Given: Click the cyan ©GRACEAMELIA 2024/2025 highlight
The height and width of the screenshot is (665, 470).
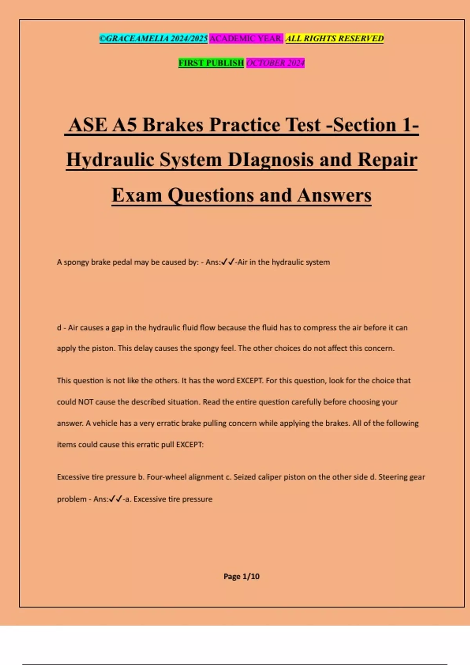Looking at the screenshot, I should (153, 38).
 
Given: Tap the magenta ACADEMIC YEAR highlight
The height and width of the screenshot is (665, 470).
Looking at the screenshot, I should (246, 38).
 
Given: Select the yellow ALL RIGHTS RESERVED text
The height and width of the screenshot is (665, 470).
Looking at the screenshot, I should (334, 38).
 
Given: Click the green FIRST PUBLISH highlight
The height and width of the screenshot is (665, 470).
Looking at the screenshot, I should (211, 63).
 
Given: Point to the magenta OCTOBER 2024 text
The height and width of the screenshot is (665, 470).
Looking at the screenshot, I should (275, 63).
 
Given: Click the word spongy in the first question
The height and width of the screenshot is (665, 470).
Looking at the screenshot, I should (76, 262).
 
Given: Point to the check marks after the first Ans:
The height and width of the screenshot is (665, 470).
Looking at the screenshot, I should (228, 262).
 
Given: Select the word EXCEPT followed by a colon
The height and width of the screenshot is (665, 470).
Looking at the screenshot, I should (190, 444).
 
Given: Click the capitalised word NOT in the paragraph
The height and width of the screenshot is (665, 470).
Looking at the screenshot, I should (85, 402).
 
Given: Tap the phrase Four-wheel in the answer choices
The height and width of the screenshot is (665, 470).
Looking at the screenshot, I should (165, 477).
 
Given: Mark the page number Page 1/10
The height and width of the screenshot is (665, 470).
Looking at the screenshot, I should (241, 576).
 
